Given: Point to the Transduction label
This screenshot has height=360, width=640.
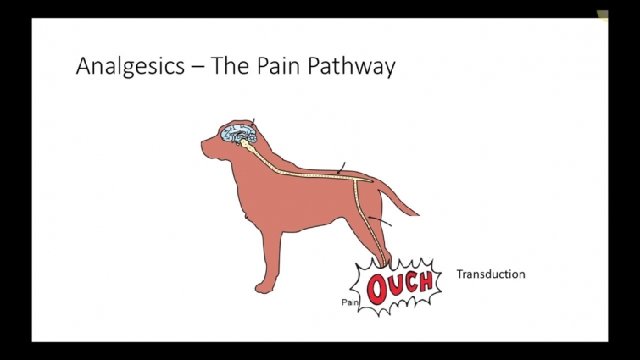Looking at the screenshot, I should pos(490,274).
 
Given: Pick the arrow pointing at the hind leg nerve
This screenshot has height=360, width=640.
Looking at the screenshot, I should pos(383,222).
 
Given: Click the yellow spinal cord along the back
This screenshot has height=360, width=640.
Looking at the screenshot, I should pos(305,172).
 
